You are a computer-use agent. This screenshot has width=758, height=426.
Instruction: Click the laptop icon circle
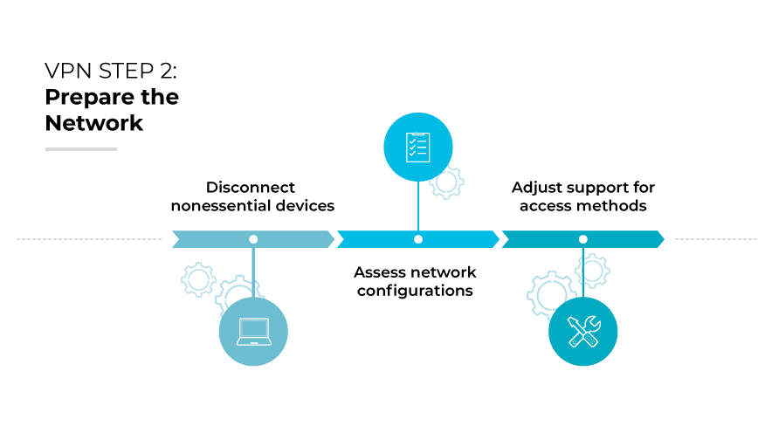[252, 331]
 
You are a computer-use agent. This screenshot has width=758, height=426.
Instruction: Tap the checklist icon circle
[418, 147]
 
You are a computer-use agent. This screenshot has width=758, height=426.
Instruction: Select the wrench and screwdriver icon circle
[582, 331]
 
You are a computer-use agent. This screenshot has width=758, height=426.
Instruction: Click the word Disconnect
[251, 188]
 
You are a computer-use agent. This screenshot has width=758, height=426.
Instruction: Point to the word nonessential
[223, 207]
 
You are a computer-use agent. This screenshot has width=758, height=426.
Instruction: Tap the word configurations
[415, 291]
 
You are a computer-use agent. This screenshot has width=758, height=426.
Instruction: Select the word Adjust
[535, 188]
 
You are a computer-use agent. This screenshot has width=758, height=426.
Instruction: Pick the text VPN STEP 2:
[105, 71]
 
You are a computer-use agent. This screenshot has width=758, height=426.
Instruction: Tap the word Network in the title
[94, 123]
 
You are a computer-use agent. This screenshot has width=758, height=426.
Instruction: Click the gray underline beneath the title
[81, 149]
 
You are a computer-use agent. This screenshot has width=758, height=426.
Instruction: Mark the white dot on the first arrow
[253, 239]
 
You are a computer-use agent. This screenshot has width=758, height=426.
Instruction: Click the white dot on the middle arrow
[418, 239]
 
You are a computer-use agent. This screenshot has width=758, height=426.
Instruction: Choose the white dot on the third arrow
[582, 239]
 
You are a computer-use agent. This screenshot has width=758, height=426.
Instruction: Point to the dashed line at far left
[87, 239]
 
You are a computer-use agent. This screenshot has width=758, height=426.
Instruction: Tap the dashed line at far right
[716, 239]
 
